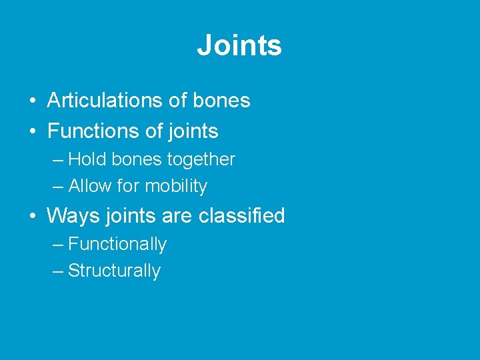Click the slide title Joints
point(239,45)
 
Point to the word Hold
point(85,160)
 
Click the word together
point(201,160)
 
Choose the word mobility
point(177,187)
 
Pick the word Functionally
point(117,245)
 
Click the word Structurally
point(114,271)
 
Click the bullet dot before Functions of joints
point(32,132)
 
